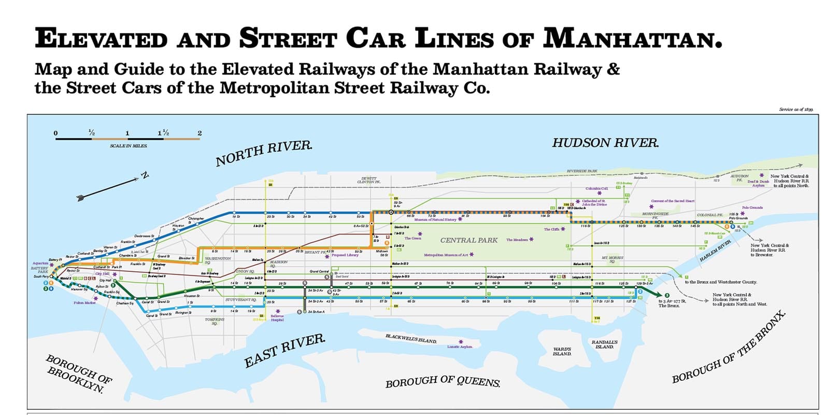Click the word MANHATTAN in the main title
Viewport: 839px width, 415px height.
(x=632, y=38)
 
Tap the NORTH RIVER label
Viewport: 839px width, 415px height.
(x=264, y=153)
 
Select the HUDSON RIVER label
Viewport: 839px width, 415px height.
(x=605, y=143)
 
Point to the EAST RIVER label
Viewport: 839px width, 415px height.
(x=285, y=351)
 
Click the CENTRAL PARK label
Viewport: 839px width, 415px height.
(x=468, y=240)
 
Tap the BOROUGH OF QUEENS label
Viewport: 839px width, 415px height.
(x=443, y=381)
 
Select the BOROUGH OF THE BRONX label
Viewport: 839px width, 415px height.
(x=729, y=348)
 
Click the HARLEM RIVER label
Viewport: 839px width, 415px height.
(x=715, y=251)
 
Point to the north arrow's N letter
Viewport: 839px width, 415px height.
(x=145, y=175)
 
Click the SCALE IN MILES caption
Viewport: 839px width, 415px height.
(x=129, y=146)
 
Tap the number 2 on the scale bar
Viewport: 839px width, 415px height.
(x=200, y=133)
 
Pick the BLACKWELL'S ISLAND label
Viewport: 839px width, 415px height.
(x=411, y=338)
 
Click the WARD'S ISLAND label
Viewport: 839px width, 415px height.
(x=562, y=351)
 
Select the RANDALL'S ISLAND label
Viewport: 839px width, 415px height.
(x=604, y=344)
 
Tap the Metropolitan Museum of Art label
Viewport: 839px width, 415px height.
(x=446, y=255)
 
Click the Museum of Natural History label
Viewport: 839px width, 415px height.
(x=435, y=219)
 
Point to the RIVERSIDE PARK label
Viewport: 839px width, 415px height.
(x=582, y=171)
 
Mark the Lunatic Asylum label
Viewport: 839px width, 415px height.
(x=460, y=347)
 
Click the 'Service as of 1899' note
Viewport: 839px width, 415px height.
(x=796, y=109)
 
